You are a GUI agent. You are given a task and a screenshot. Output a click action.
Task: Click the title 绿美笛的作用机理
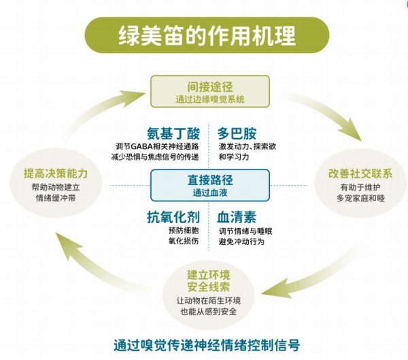click(207, 35)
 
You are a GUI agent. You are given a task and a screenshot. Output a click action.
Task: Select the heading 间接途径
click(210, 87)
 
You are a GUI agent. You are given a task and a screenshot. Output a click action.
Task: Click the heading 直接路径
click(210, 180)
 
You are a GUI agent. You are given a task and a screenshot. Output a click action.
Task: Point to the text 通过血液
click(210, 193)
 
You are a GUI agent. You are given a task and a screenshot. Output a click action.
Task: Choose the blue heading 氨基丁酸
click(173, 133)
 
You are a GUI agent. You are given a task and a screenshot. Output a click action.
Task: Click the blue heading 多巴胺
click(237, 133)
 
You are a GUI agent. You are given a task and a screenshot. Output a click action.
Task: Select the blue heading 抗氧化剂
click(173, 217)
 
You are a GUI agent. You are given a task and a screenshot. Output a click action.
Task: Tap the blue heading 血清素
click(237, 217)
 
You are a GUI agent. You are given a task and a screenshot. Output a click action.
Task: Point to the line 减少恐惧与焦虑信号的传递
click(155, 157)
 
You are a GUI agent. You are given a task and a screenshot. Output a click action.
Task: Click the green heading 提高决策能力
click(56, 174)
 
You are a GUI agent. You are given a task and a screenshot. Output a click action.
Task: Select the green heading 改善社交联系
click(360, 174)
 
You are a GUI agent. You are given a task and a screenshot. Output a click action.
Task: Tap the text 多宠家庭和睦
click(360, 198)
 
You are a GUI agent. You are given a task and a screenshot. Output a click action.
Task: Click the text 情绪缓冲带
click(56, 198)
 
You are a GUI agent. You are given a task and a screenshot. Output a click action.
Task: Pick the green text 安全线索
click(209, 287)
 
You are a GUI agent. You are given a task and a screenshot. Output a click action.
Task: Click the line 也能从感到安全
click(209, 312)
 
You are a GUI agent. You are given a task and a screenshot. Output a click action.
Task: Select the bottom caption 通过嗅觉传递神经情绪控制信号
click(207, 345)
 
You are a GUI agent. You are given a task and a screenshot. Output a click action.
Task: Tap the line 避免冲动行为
click(241, 242)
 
